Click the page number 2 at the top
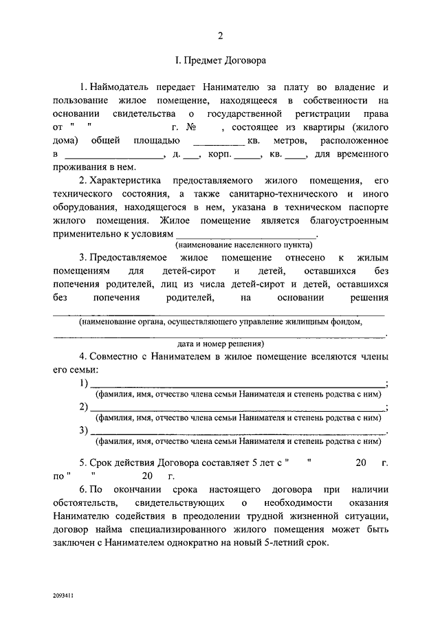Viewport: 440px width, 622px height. tap(220, 36)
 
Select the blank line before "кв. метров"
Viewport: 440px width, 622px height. tap(216, 142)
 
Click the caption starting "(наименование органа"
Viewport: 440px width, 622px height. tap(220, 321)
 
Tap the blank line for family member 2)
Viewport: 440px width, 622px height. tap(238, 408)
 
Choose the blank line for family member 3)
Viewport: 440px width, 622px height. tap(238, 431)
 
